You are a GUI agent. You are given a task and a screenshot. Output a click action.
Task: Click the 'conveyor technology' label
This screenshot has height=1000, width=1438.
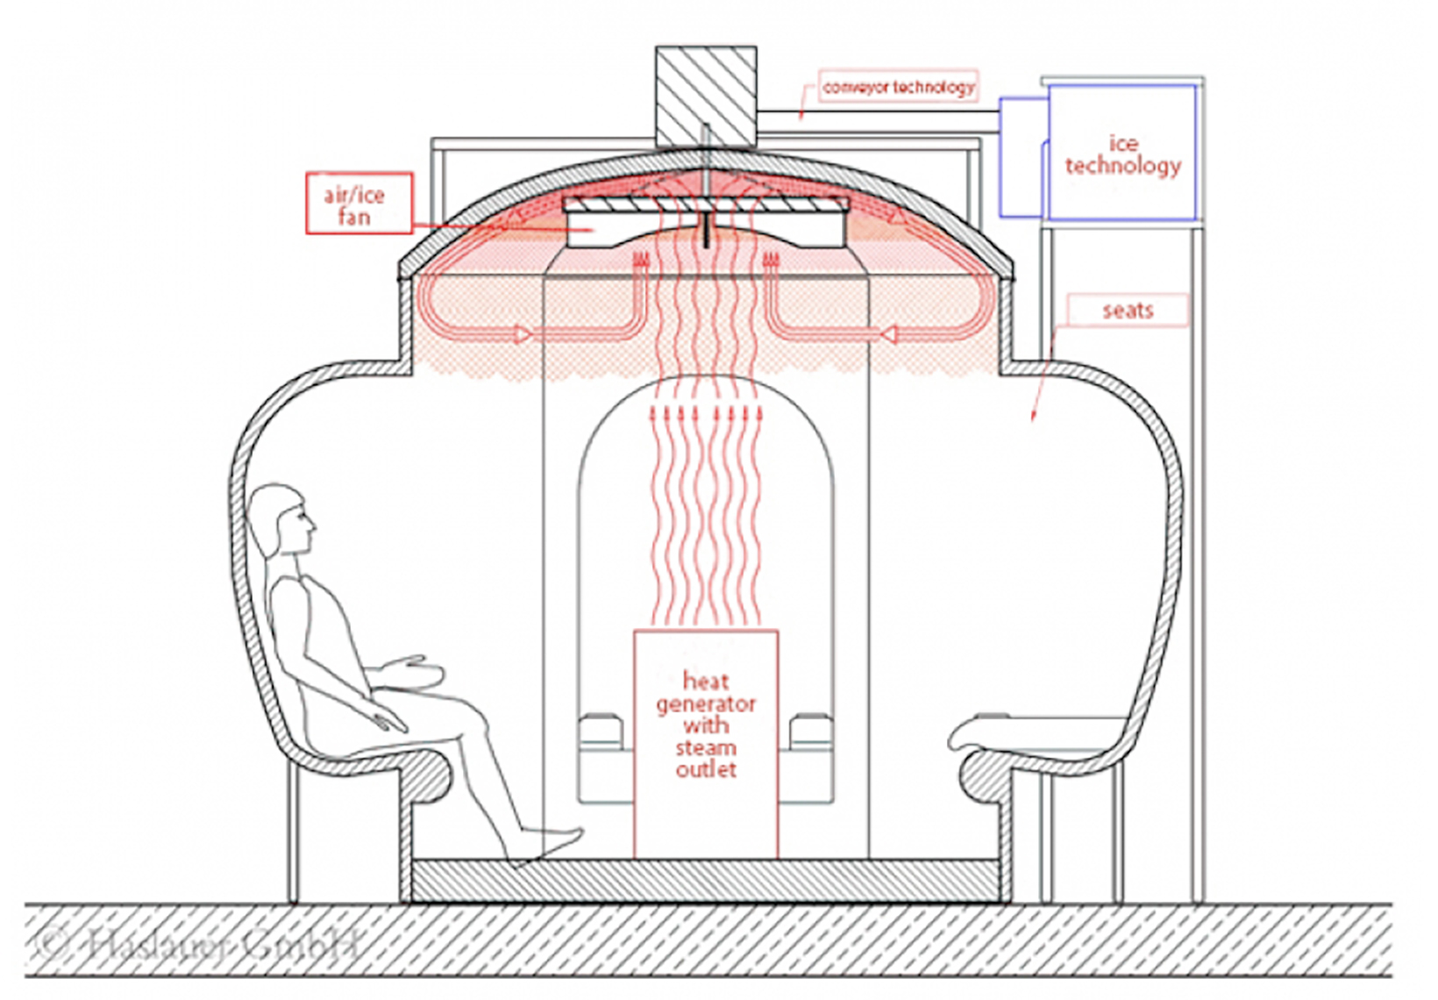click(898, 87)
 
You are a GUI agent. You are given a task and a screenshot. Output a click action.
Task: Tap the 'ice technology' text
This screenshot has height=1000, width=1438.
click(1122, 155)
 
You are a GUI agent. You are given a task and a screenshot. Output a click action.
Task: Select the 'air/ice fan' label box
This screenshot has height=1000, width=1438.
click(358, 204)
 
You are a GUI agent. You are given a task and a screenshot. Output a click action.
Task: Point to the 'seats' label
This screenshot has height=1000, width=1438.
click(1128, 311)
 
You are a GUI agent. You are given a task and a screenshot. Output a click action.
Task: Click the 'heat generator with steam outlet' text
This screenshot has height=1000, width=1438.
click(706, 725)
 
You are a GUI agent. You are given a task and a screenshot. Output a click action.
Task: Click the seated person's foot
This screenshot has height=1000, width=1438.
click(554, 838)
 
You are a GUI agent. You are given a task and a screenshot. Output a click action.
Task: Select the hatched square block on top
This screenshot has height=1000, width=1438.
click(705, 96)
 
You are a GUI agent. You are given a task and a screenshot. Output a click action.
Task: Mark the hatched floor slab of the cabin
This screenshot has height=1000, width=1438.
click(705, 880)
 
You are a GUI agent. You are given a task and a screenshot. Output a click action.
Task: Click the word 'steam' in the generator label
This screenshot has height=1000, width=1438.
click(706, 747)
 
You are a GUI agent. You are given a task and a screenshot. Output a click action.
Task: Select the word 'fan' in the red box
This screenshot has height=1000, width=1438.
click(354, 217)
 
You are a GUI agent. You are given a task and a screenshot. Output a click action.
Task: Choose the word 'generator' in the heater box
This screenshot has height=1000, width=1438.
click(706, 704)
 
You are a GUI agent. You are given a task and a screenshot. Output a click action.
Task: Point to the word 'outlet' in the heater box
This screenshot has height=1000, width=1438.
click(706, 770)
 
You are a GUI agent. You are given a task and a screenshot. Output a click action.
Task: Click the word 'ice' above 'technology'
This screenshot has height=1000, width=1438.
click(1123, 143)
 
